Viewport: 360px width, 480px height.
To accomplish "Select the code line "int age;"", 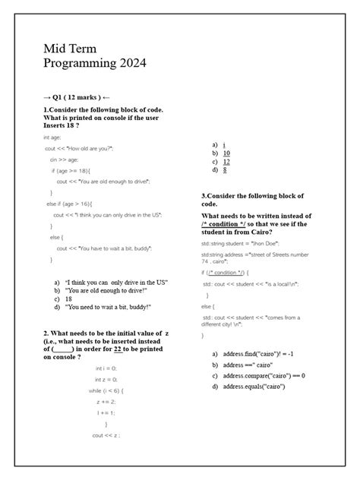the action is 52,137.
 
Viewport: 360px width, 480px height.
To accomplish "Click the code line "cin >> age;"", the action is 64,159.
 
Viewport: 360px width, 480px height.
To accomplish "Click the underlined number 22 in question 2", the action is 118,349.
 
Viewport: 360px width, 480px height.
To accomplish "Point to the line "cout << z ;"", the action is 106,435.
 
